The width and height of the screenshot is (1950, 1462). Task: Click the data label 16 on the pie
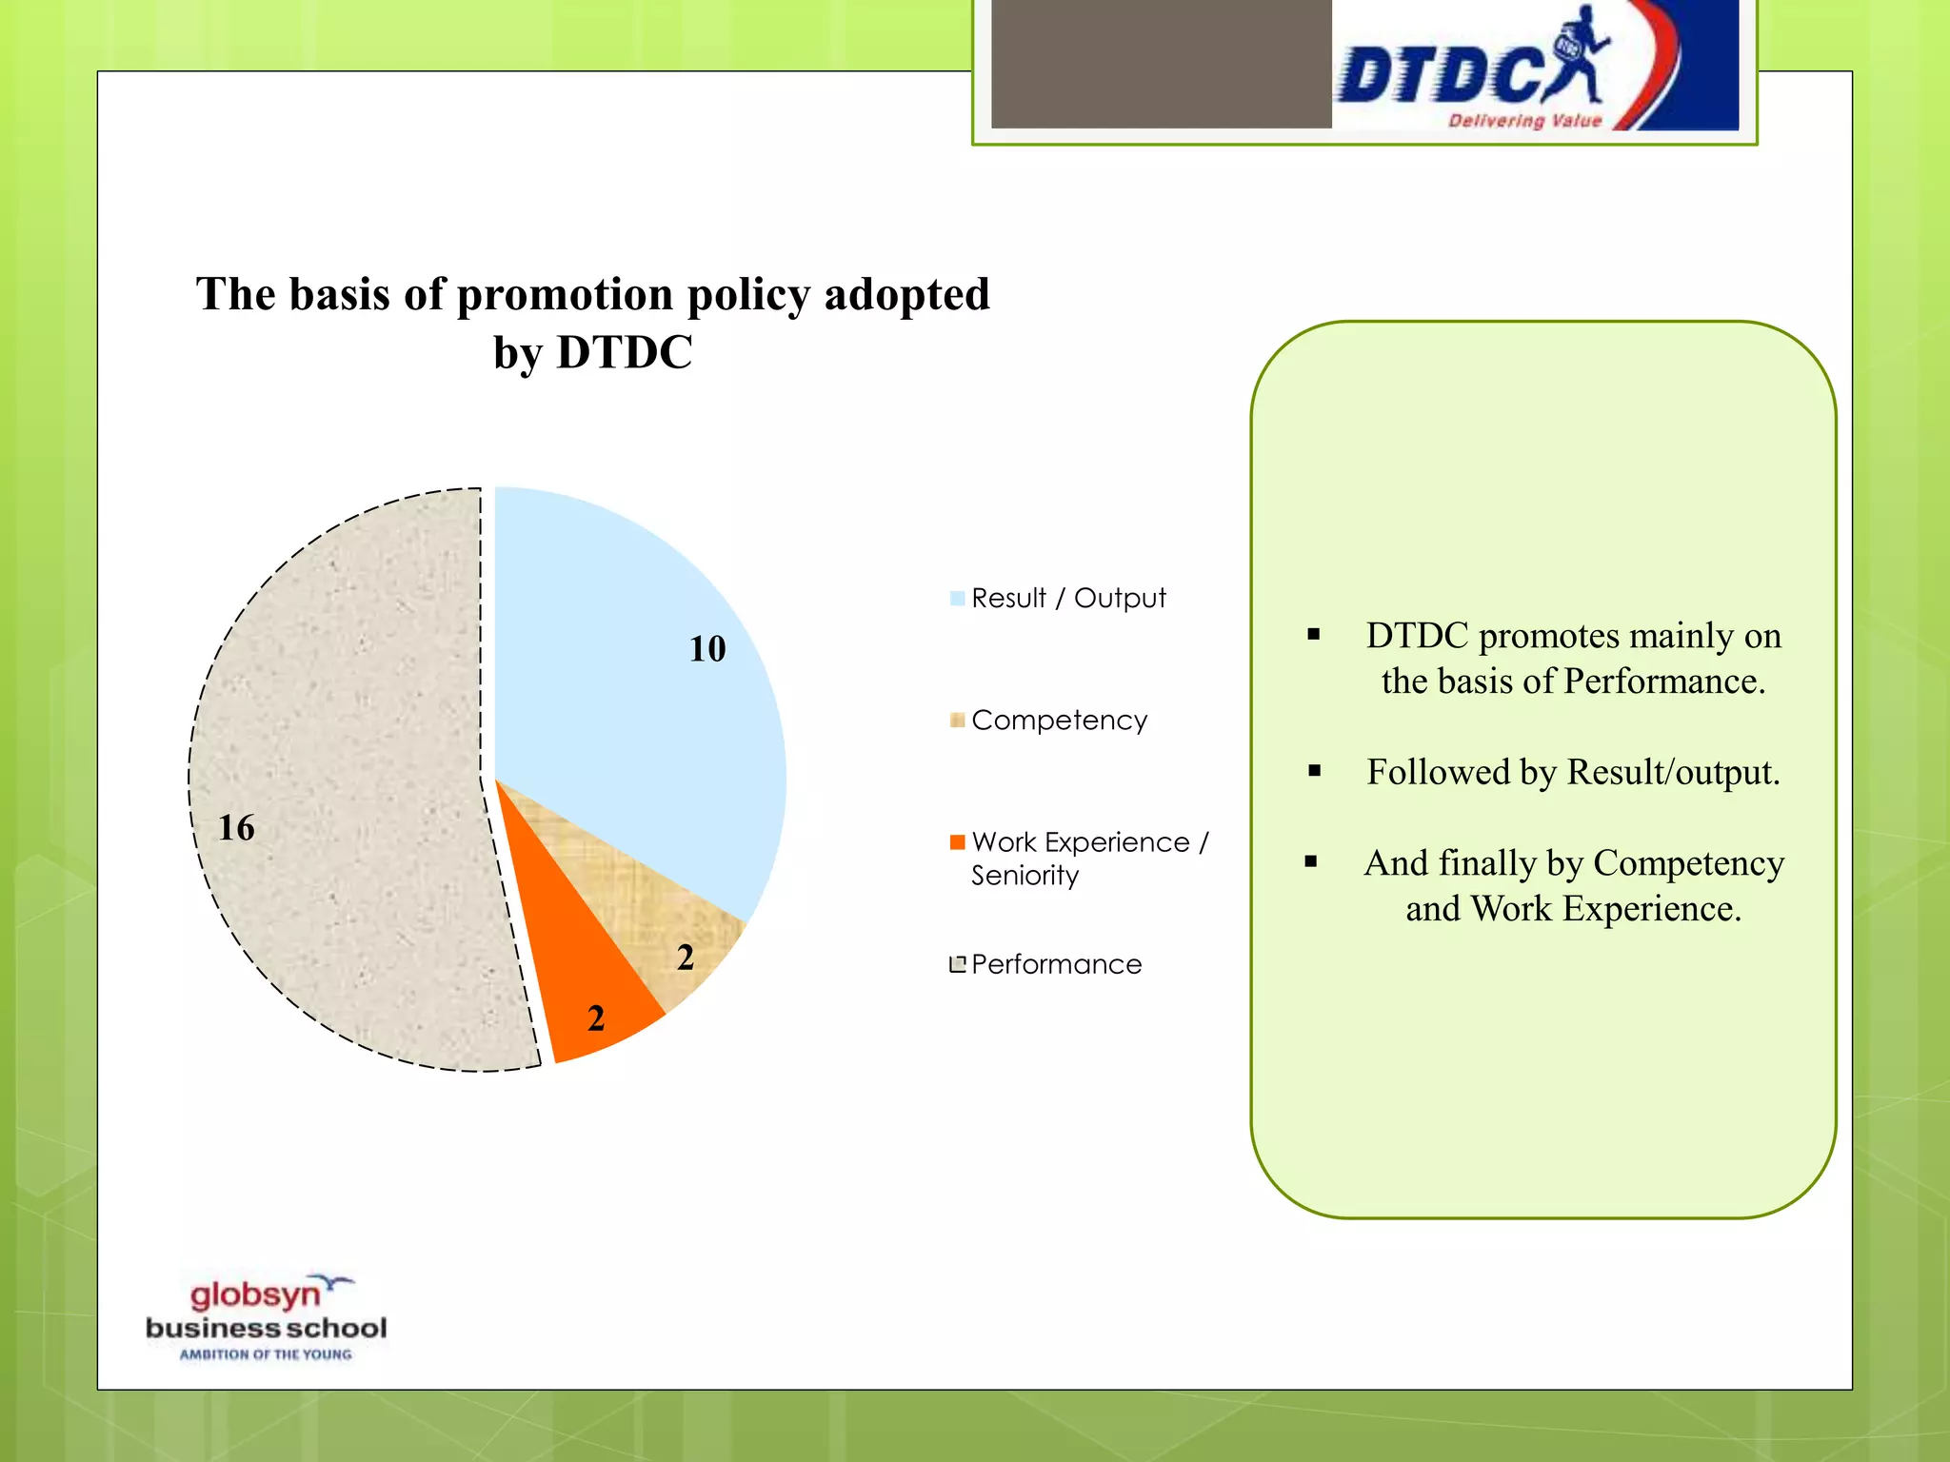click(x=236, y=828)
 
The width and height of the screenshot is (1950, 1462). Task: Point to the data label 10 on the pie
click(x=707, y=649)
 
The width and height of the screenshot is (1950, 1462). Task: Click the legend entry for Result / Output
click(x=1067, y=599)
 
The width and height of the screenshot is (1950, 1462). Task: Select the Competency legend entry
click(x=1058, y=721)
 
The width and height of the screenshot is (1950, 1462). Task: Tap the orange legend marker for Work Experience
click(x=958, y=842)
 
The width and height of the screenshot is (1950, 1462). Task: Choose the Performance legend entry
click(x=1055, y=964)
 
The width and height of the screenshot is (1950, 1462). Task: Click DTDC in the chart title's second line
click(x=624, y=353)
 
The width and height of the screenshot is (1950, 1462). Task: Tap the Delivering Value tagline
click(x=1524, y=121)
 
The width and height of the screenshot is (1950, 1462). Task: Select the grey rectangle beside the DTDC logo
click(x=1161, y=63)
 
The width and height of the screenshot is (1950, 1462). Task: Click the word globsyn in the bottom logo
click(x=255, y=1295)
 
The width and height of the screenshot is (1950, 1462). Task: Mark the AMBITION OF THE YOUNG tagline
click(x=266, y=1354)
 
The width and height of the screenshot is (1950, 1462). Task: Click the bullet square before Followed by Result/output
click(x=1315, y=771)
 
